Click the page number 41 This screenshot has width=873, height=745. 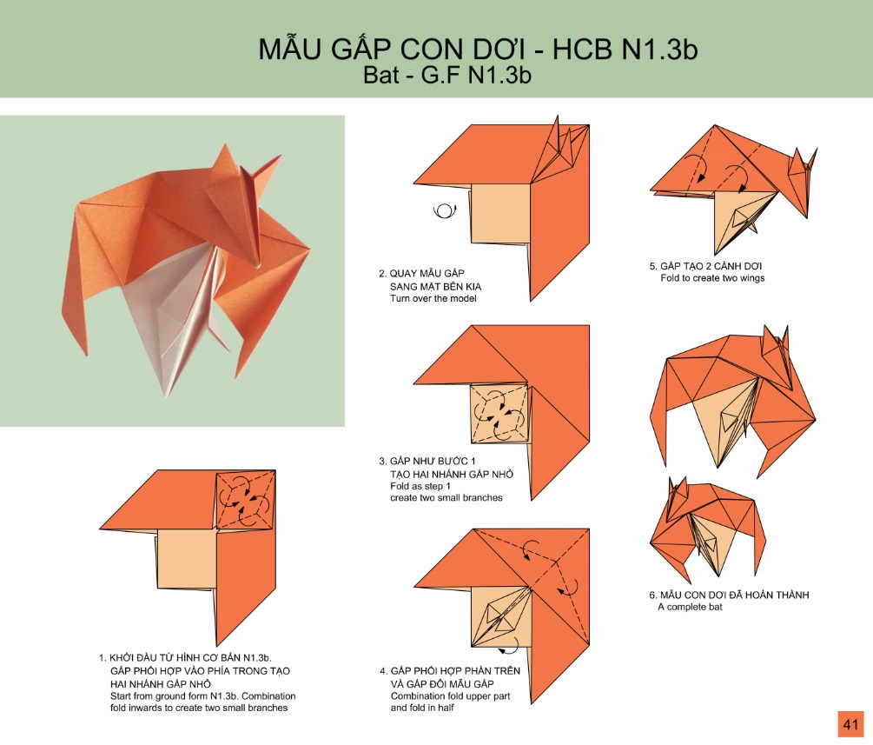(x=850, y=724)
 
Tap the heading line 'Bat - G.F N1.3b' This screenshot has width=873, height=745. (x=447, y=75)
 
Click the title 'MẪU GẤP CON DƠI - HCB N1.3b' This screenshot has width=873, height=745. (x=478, y=49)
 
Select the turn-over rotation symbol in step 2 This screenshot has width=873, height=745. (x=445, y=210)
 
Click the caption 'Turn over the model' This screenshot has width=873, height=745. (x=433, y=298)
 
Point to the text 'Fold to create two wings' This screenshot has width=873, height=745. (x=712, y=277)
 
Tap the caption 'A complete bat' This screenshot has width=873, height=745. (x=690, y=607)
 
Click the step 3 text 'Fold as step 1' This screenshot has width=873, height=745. (x=420, y=486)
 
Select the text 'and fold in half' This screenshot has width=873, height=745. (x=422, y=708)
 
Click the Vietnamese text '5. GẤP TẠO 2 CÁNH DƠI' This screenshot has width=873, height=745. (x=705, y=266)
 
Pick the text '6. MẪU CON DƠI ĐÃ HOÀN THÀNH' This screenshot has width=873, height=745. (x=729, y=595)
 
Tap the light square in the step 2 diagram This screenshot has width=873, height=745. (x=500, y=214)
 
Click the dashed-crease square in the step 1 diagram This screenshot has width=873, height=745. (x=245, y=499)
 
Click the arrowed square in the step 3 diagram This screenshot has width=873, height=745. (x=499, y=414)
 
